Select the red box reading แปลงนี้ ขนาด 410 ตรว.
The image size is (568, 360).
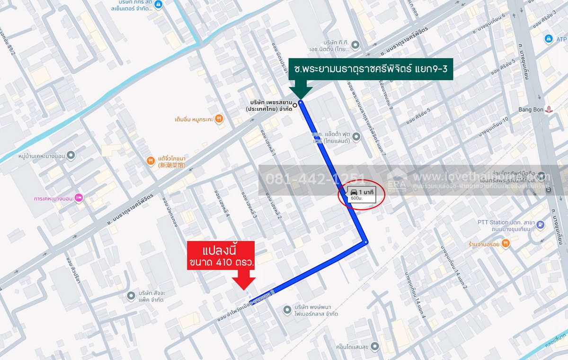pos(221,255)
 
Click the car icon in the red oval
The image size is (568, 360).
pos(354,191)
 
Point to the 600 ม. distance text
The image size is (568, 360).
pos(356,199)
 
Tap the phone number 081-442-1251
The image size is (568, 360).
pos(316,180)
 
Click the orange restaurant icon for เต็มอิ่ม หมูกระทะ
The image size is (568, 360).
pos(219,118)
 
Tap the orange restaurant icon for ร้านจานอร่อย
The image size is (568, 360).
pos(506,243)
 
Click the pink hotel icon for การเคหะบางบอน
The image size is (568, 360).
pos(79,198)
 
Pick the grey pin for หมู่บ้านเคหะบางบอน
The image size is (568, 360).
pos(71,155)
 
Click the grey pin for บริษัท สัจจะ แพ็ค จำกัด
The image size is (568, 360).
pos(131,296)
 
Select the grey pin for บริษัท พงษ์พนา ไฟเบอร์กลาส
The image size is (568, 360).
pos(286,310)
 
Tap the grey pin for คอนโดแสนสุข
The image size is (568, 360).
pos(375,346)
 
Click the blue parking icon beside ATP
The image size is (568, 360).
pos(549,39)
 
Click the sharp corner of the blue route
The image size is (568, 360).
pos(366,243)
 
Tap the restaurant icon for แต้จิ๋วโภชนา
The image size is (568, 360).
pos(151,161)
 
